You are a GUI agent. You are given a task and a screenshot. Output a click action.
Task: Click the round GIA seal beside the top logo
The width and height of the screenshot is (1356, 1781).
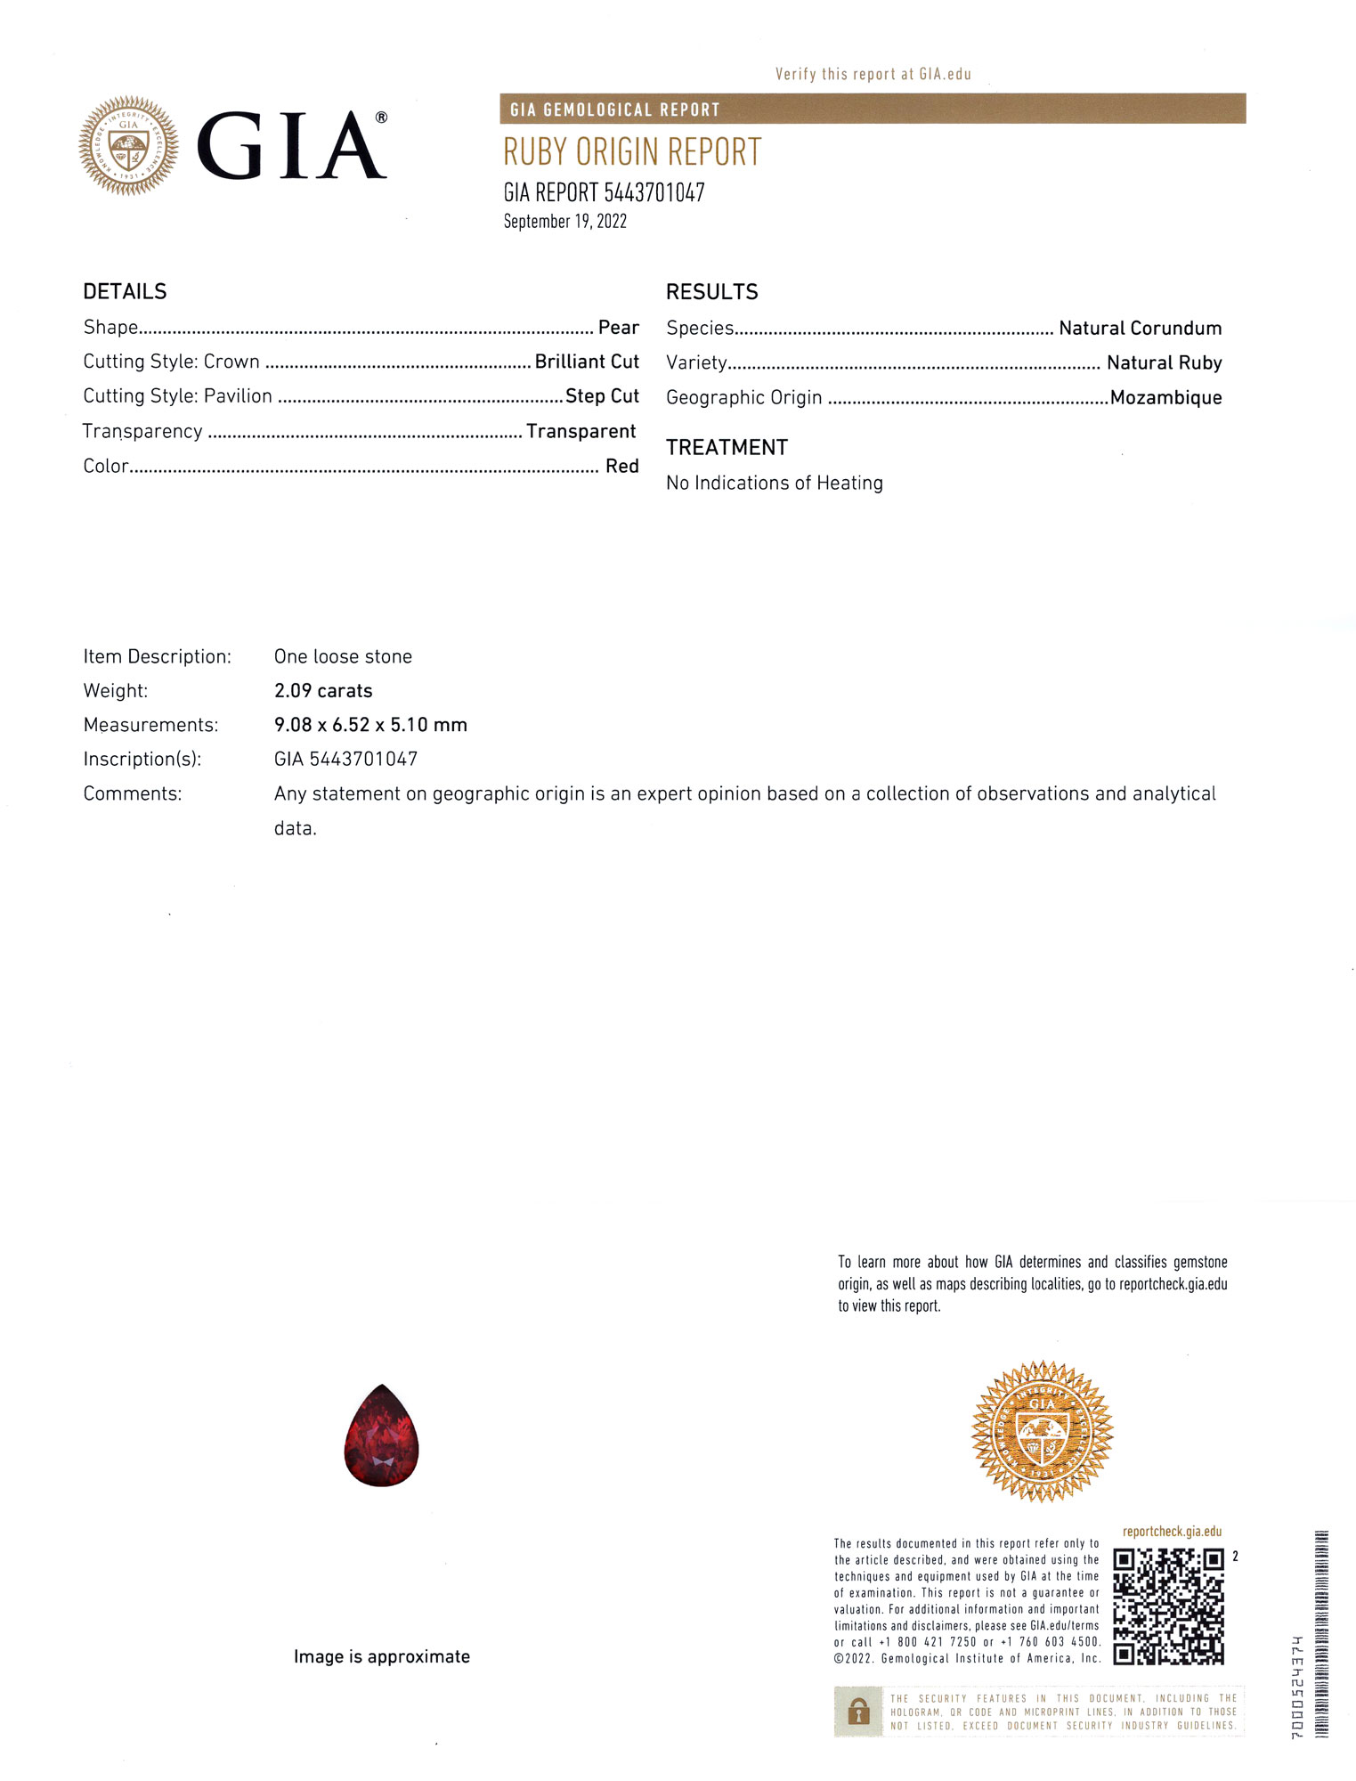pos(128,145)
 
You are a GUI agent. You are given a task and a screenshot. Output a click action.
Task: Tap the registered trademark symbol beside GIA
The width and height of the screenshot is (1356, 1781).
pos(381,118)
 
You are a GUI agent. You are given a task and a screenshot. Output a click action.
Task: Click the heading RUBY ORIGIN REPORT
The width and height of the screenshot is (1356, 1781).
pos(632,152)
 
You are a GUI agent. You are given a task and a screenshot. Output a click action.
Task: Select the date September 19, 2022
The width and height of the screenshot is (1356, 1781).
pos(564,222)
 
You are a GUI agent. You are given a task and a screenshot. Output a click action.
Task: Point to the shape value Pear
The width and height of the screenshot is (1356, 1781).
pos(618,328)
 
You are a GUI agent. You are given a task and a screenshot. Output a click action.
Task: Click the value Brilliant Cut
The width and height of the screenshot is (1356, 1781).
pos(587,362)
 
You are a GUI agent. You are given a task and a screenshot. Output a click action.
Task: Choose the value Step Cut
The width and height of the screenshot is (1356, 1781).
pos(602,396)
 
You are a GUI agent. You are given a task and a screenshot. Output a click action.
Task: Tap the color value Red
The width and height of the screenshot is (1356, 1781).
pos(621,466)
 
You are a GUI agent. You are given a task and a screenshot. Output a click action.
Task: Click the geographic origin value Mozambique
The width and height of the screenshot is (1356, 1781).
pos(1165,397)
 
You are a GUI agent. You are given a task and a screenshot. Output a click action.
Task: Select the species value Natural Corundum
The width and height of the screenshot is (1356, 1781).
pos(1140,328)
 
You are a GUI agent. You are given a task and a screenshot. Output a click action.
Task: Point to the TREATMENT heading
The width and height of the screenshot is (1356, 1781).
pos(727,447)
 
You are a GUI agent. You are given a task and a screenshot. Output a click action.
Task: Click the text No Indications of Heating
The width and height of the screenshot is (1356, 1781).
pos(775,483)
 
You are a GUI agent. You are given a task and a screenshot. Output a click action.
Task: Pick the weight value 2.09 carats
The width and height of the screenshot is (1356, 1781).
pos(323,690)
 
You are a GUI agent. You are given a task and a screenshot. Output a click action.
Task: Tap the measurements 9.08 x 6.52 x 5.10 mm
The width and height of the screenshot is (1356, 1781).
pos(370,725)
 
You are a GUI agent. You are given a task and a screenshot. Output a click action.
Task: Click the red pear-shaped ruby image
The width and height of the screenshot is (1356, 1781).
pos(381,1436)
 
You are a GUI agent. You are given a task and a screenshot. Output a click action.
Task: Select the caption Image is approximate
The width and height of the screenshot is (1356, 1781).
pos(381,1656)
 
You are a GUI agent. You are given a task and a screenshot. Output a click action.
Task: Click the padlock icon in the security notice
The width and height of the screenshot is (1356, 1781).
pos(858,1711)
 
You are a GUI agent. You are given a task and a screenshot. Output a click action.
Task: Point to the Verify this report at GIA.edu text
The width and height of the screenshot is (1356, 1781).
pos(873,74)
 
